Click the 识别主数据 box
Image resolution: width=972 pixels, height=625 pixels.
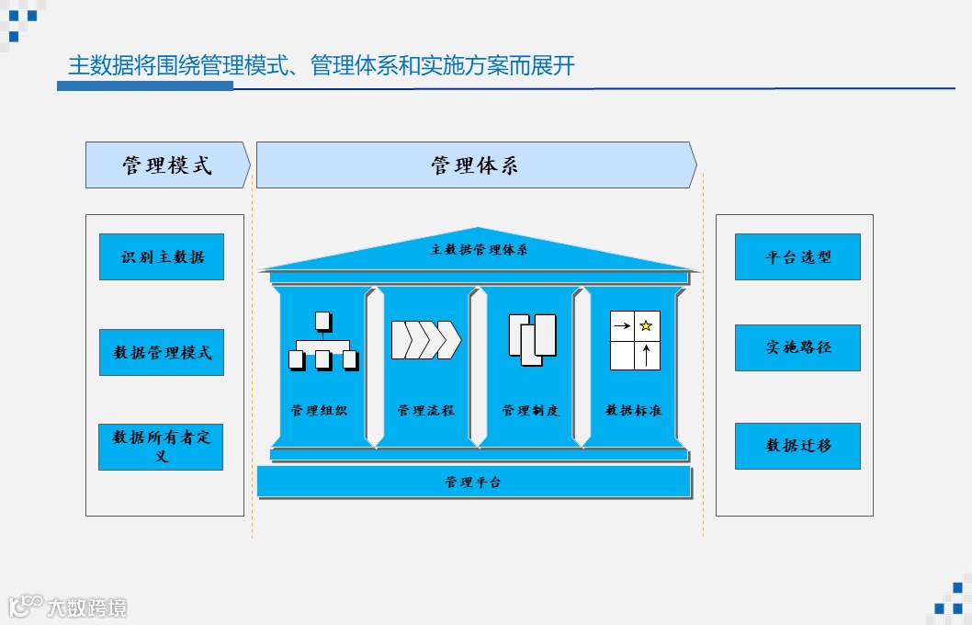pyautogui.click(x=162, y=257)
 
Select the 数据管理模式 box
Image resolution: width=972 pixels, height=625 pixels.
pyautogui.click(x=162, y=353)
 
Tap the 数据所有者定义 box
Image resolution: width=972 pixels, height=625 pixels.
pyautogui.click(x=161, y=447)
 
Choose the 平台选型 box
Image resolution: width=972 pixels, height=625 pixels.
pyautogui.click(x=797, y=257)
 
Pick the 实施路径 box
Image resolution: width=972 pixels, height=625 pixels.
pyautogui.click(x=797, y=348)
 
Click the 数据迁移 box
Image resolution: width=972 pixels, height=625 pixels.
pyautogui.click(x=797, y=446)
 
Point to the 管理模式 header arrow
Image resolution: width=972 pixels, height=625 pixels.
pyautogui.click(x=167, y=165)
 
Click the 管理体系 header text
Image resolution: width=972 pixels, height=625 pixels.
pyautogui.click(x=475, y=165)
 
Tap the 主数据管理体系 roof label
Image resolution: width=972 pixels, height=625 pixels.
pyautogui.click(x=479, y=250)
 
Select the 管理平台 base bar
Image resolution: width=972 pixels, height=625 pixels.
pyautogui.click(x=473, y=482)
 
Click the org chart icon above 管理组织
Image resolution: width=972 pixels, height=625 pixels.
pyautogui.click(x=323, y=341)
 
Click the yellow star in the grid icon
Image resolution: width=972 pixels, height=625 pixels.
pyautogui.click(x=646, y=325)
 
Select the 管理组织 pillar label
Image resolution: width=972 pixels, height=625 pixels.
pyautogui.click(x=319, y=411)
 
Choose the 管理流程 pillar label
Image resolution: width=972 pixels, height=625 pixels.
pyautogui.click(x=425, y=411)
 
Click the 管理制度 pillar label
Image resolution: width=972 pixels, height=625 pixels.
pyautogui.click(x=530, y=411)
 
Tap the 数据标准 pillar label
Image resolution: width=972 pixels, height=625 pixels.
pyautogui.click(x=633, y=411)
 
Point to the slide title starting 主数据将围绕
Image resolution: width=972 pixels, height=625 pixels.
pyautogui.click(x=322, y=66)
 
